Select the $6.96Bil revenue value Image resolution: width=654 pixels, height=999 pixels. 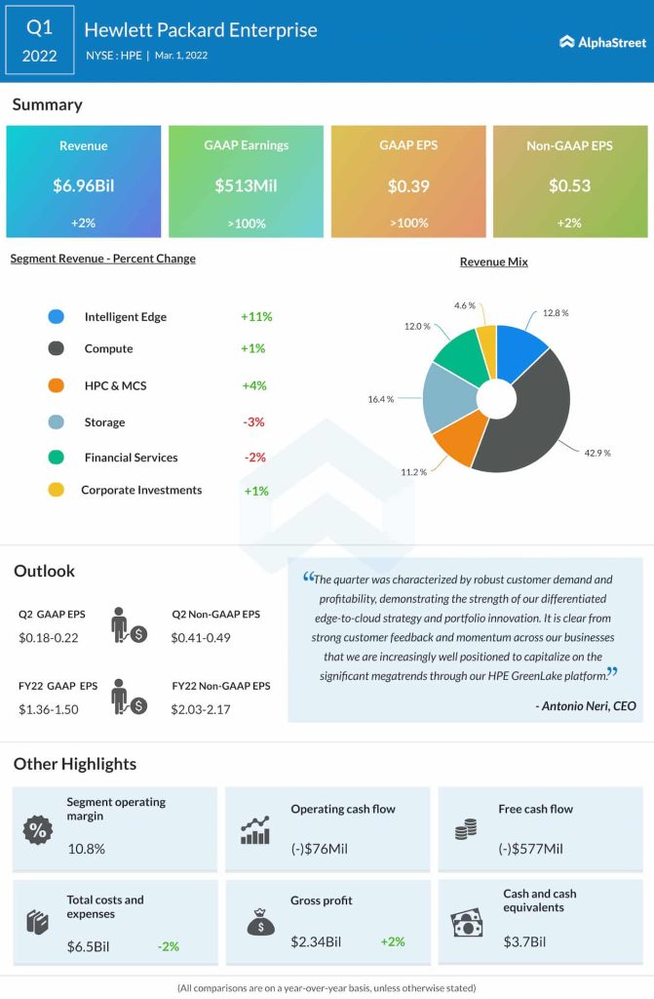pyautogui.click(x=83, y=185)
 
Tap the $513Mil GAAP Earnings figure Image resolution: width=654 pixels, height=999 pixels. pyautogui.click(x=246, y=185)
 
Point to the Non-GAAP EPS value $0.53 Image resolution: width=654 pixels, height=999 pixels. pyautogui.click(x=570, y=185)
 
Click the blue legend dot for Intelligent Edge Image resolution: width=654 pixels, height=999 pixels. pyautogui.click(x=56, y=317)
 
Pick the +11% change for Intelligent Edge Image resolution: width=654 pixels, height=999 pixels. pyautogui.click(x=255, y=317)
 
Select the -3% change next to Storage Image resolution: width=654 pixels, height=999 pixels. pyautogui.click(x=254, y=422)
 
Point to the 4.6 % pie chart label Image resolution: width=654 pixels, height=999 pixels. pyautogui.click(x=465, y=305)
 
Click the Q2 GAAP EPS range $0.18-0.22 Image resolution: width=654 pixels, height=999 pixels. pyautogui.click(x=48, y=637)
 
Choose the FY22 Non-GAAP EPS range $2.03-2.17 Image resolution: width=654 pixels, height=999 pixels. pyautogui.click(x=201, y=709)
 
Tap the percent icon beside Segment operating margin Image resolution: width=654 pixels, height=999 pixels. pyautogui.click(x=38, y=830)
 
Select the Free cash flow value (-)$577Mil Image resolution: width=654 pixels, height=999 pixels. pyautogui.click(x=530, y=849)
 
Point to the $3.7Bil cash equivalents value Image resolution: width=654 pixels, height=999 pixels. pyautogui.click(x=524, y=941)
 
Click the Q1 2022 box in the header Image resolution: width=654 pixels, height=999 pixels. pyautogui.click(x=40, y=41)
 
